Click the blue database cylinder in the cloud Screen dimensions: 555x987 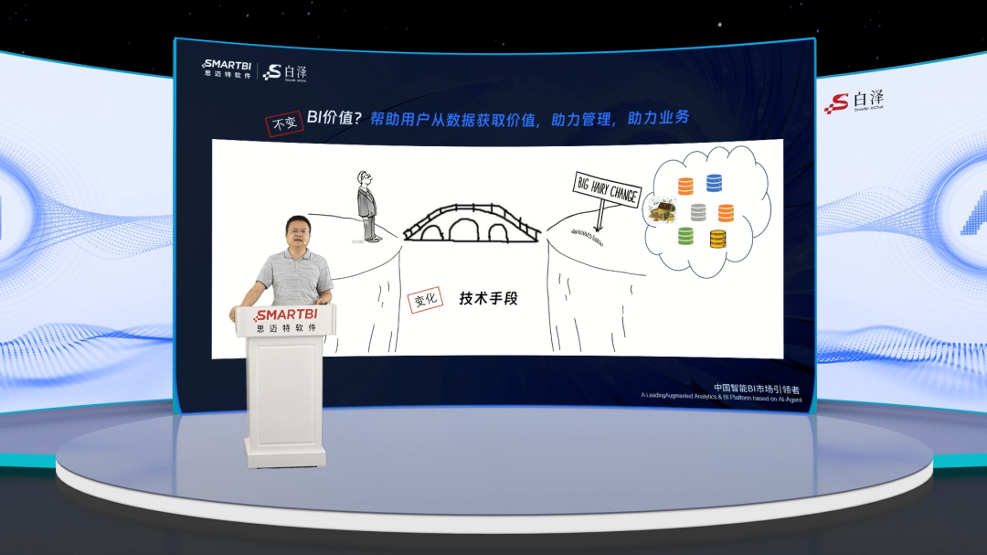714,184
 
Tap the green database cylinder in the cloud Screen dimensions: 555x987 685,236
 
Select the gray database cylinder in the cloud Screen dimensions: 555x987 698,212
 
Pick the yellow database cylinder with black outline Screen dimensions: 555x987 717,240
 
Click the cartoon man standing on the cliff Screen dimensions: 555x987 367,205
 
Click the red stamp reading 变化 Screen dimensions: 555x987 426,298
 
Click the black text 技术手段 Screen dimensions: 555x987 488,298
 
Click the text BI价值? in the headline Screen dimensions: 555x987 335,119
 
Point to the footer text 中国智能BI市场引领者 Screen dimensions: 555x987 756,389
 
